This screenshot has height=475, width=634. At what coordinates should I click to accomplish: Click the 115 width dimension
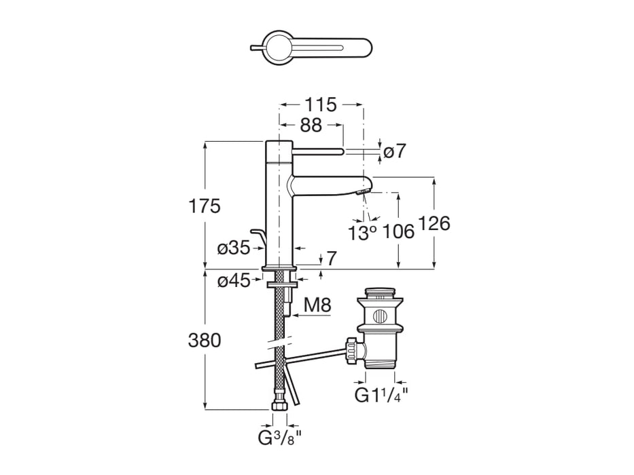coord(321,105)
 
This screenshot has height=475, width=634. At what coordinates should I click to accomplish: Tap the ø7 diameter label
coord(395,151)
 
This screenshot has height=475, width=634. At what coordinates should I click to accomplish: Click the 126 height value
coord(435,223)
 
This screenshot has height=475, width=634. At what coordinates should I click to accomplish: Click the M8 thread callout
coord(317,305)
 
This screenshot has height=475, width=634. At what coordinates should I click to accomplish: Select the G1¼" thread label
coord(381,395)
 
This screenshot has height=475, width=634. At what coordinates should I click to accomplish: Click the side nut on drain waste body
coord(353,349)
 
